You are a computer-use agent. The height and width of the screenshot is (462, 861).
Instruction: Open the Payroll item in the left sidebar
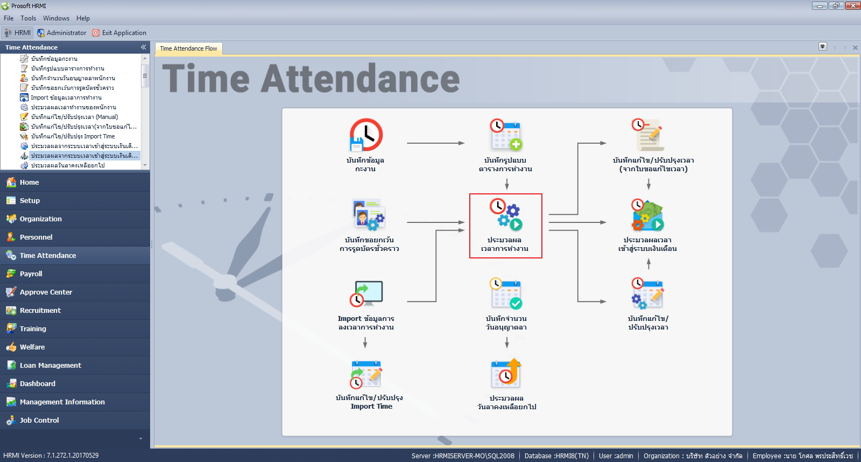pyautogui.click(x=31, y=274)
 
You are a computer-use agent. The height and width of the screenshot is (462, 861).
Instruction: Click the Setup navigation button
pyautogui.click(x=30, y=200)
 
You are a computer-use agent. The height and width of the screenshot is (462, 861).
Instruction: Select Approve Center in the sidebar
pyautogui.click(x=46, y=292)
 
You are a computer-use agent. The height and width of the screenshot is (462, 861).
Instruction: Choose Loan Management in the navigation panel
pyautogui.click(x=51, y=365)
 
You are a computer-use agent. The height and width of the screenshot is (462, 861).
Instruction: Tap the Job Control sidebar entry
pyautogui.click(x=39, y=420)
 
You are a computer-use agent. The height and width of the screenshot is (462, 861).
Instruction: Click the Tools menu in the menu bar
pyautogui.click(x=28, y=18)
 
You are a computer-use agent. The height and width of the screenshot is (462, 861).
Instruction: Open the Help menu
pyautogui.click(x=83, y=18)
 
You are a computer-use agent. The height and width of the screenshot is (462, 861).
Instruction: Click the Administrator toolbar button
pyautogui.click(x=61, y=33)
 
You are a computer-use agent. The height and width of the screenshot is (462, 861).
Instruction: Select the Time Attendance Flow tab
pyautogui.click(x=188, y=48)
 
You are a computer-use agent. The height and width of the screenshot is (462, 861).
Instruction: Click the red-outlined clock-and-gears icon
pyautogui.click(x=505, y=215)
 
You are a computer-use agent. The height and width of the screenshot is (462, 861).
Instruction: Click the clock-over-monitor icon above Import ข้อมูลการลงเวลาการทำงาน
pyautogui.click(x=366, y=293)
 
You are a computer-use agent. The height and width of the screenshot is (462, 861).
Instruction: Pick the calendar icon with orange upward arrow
pyautogui.click(x=506, y=374)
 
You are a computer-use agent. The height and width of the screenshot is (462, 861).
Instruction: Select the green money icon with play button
pyautogui.click(x=648, y=215)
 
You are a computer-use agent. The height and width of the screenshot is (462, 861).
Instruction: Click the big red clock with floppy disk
pyautogui.click(x=366, y=135)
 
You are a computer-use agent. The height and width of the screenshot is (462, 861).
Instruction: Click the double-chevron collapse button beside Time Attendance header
pyautogui.click(x=143, y=47)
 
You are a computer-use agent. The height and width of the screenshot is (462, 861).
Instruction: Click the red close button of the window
pyautogui.click(x=852, y=6)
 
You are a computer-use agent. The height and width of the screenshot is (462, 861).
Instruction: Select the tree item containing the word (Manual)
pyautogui.click(x=75, y=116)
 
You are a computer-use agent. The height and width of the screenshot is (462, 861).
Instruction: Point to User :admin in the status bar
pyautogui.click(x=616, y=456)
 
